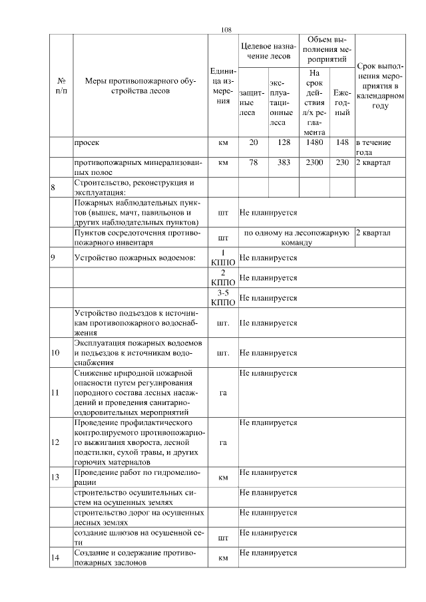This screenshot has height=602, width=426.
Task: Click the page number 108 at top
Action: click(226, 29)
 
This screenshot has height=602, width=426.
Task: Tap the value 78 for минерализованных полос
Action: click(253, 162)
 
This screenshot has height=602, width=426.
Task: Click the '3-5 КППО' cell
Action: click(223, 299)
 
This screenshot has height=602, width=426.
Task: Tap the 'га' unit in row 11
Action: click(223, 392)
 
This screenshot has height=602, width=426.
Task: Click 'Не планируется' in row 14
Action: click(268, 553)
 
